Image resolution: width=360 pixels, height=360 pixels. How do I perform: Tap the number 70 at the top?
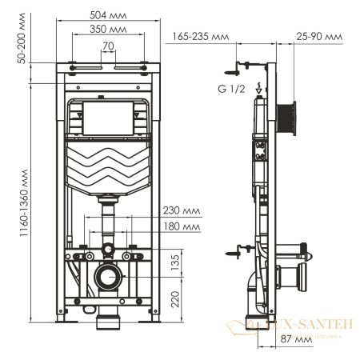106,46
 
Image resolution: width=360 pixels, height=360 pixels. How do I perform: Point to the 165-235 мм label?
198,36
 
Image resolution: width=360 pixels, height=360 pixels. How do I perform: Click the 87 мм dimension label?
302,339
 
